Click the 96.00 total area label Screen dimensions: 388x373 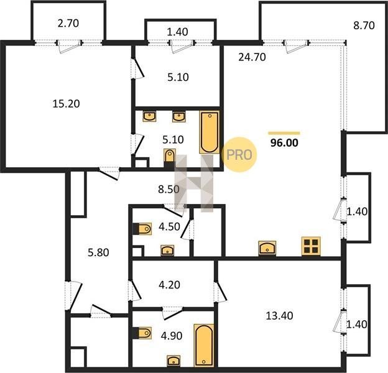pyautogui.click(x=284, y=143)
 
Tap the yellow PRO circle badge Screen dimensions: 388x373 pyautogui.click(x=239, y=155)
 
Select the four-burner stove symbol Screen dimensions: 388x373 pyautogui.click(x=311, y=246)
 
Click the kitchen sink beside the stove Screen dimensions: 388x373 pyautogui.click(x=267, y=248)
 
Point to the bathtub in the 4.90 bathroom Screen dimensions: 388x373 pyautogui.click(x=204, y=345)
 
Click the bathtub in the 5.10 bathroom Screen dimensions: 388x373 pyautogui.click(x=210, y=132)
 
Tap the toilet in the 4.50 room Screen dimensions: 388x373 pyautogui.click(x=142, y=229)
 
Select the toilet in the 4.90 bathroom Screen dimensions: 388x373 pyautogui.click(x=142, y=333)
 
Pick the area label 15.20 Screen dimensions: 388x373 pyautogui.click(x=66, y=104)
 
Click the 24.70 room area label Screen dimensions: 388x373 pyautogui.click(x=252, y=57)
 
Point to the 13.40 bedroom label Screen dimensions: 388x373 pyautogui.click(x=279, y=316)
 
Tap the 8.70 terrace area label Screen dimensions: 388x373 pyautogui.click(x=364, y=25)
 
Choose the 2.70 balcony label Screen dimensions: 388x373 pyautogui.click(x=68, y=23)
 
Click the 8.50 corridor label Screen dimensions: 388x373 pyautogui.click(x=169, y=190)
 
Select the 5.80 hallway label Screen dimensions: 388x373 pyautogui.click(x=98, y=252)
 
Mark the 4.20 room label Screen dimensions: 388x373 pyautogui.click(x=169, y=285)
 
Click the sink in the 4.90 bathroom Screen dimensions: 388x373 pyautogui.click(x=173, y=361)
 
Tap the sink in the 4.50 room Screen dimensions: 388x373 pyautogui.click(x=167, y=251)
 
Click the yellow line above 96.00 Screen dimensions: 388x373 pyautogui.click(x=284, y=133)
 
